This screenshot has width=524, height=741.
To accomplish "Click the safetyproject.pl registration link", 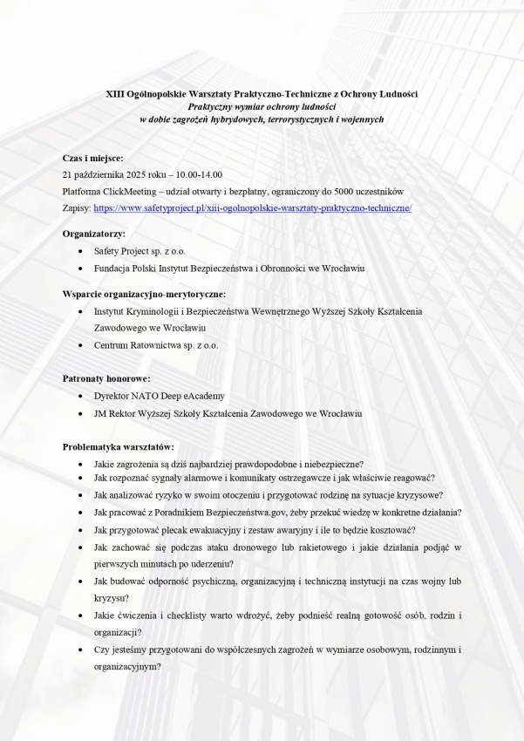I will pyautogui.click(x=252, y=209).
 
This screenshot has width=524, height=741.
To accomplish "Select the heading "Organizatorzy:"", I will pyautogui.click(x=93, y=234).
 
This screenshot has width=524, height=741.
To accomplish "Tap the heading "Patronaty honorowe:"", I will pyautogui.click(x=106, y=378).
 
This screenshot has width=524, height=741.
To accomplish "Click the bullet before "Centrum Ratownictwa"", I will pyautogui.click(x=81, y=345).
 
